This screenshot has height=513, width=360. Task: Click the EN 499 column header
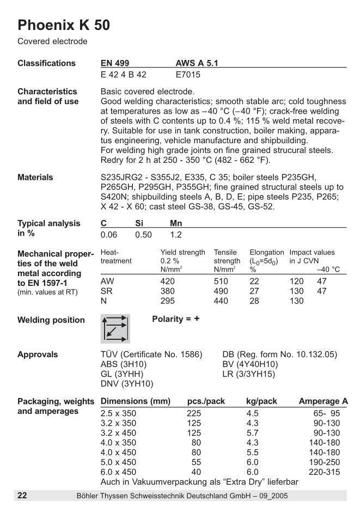click(115, 63)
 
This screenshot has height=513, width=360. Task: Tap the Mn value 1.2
click(176, 235)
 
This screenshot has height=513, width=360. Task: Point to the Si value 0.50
click(144, 235)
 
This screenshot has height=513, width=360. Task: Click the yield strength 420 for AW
click(168, 282)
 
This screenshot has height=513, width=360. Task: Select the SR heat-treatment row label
click(107, 291)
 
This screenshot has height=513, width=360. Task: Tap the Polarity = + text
click(175, 319)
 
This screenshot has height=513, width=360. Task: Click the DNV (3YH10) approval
click(127, 384)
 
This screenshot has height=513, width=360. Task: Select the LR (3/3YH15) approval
click(249, 374)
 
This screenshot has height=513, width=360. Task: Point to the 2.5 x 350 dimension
click(119, 413)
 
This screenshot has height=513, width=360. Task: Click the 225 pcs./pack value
click(194, 413)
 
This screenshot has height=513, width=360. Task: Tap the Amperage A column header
click(323, 401)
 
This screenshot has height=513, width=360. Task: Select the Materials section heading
click(35, 177)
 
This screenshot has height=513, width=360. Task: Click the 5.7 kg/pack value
click(252, 433)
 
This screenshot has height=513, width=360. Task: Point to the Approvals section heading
click(38, 355)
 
